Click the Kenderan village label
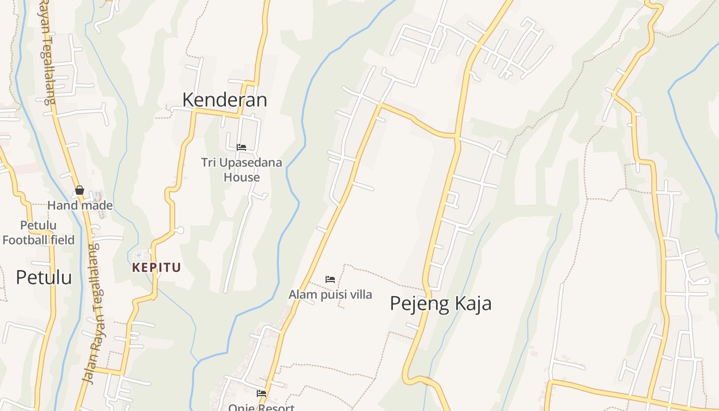pos(224,100)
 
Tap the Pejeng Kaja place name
pos(440,303)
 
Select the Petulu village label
pos(44,277)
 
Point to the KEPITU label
pos(157,268)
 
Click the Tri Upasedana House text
pos(241,170)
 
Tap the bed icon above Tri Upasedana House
pos(241,147)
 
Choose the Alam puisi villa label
pos(330,295)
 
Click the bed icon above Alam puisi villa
pos(330,279)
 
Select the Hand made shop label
pos(80,206)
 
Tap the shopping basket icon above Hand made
pos(80,190)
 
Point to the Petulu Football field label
pos(39,233)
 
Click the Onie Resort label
pos(261,407)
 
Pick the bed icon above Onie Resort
pos(261,394)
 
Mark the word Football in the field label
pos(24,240)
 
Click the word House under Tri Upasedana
pos(241,178)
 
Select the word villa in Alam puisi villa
pos(361,295)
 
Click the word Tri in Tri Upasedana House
pos(208,163)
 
